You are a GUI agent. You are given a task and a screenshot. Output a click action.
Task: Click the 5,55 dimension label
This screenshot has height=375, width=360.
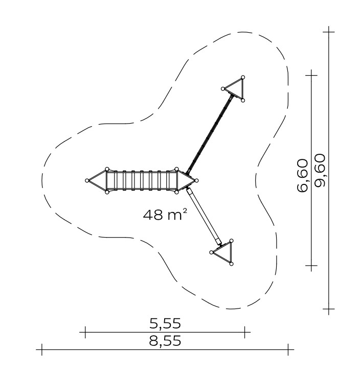[x=165, y=323]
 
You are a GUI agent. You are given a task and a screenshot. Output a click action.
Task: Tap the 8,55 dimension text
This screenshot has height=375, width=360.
[x=165, y=341]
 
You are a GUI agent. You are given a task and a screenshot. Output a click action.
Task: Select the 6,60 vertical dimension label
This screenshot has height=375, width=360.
[x=302, y=175]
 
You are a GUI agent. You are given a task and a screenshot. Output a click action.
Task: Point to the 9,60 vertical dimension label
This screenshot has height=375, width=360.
[x=320, y=171]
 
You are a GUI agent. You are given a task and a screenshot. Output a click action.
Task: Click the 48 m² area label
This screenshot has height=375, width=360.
[x=165, y=215]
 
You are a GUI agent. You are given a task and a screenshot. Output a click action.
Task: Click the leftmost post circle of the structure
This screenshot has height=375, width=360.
[x=87, y=180]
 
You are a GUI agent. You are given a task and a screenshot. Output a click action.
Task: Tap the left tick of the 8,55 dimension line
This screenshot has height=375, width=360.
[x=42, y=349]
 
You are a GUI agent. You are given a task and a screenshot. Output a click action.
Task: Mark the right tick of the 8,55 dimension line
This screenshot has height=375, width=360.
[x=288, y=349]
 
